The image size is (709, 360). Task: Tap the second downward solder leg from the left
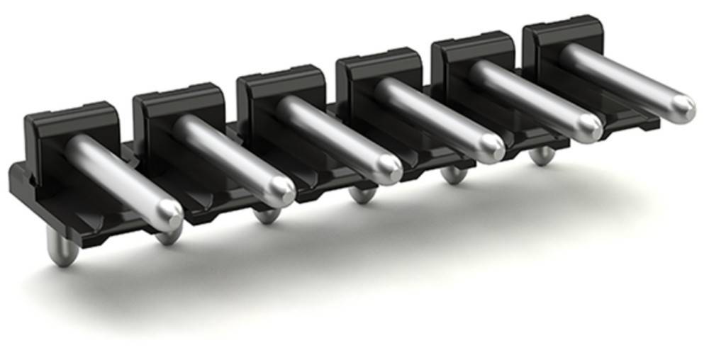[x=169, y=234]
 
